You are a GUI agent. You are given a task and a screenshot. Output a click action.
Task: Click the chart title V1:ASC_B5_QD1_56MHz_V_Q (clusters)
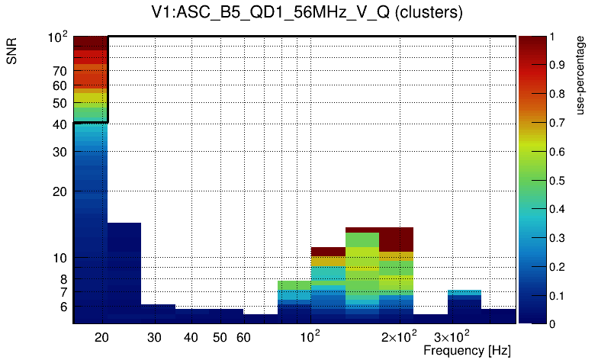point(306,13)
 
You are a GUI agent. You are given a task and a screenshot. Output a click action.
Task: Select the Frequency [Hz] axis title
point(466,351)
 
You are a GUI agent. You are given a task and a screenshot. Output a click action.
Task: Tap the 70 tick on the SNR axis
point(60,71)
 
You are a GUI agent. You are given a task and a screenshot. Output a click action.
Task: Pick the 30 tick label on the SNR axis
point(60,151)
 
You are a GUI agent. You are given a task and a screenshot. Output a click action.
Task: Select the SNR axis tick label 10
point(60,258)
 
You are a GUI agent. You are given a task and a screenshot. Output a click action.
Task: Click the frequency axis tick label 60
point(243,337)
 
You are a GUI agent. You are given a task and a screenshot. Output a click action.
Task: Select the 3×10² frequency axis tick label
point(452,336)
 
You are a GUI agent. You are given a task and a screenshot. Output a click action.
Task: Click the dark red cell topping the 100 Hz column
point(328,251)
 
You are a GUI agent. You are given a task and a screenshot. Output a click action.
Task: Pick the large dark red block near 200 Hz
point(397,239)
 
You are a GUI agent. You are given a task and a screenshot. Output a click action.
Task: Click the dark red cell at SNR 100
point(90,41)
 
